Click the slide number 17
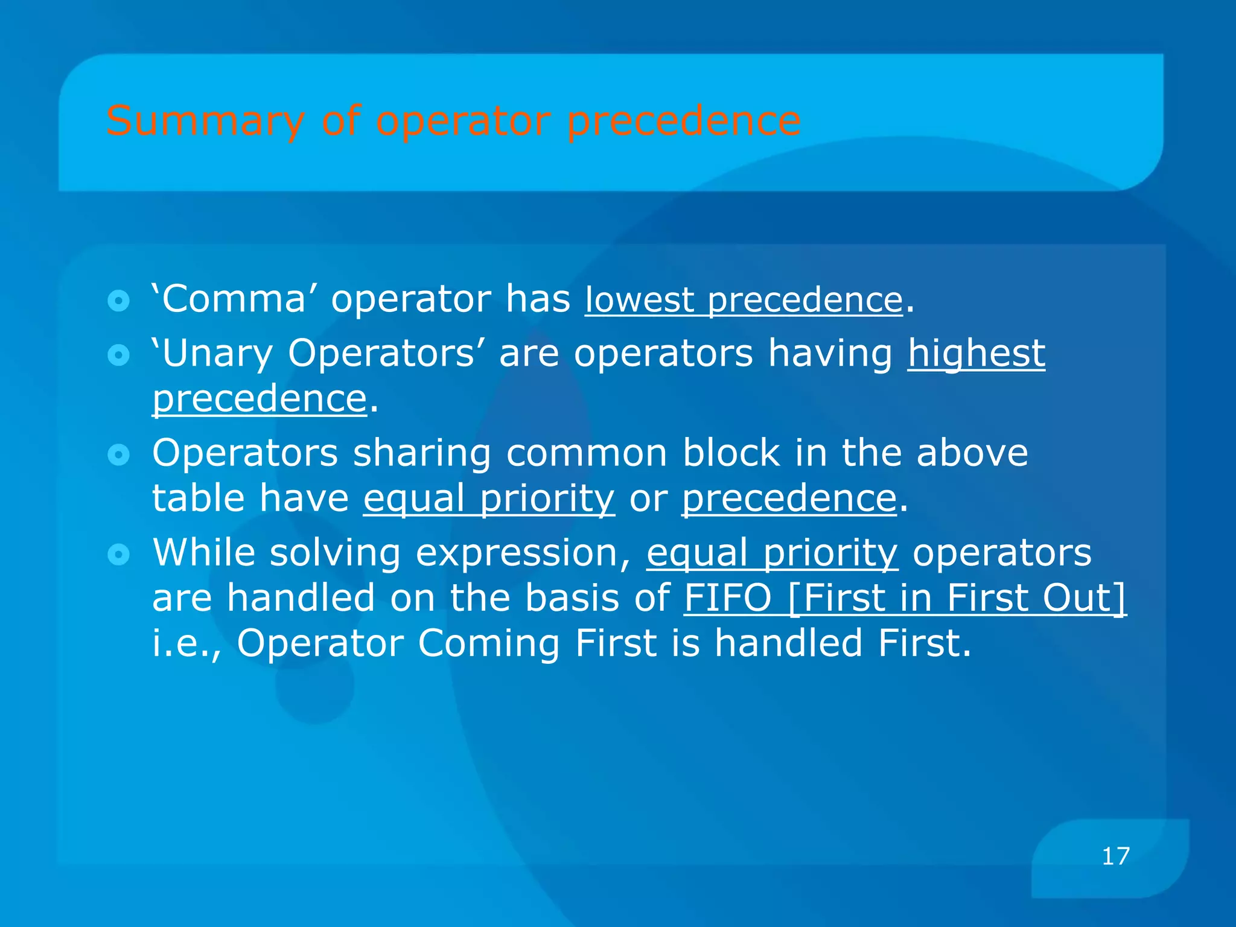[1115, 856]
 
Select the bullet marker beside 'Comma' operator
[118, 301]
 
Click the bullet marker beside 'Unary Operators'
[118, 355]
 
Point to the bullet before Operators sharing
[118, 454]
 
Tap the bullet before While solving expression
[118, 554]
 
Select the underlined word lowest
[639, 300]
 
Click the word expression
[523, 554]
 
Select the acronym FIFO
[727, 598]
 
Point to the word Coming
[489, 643]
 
